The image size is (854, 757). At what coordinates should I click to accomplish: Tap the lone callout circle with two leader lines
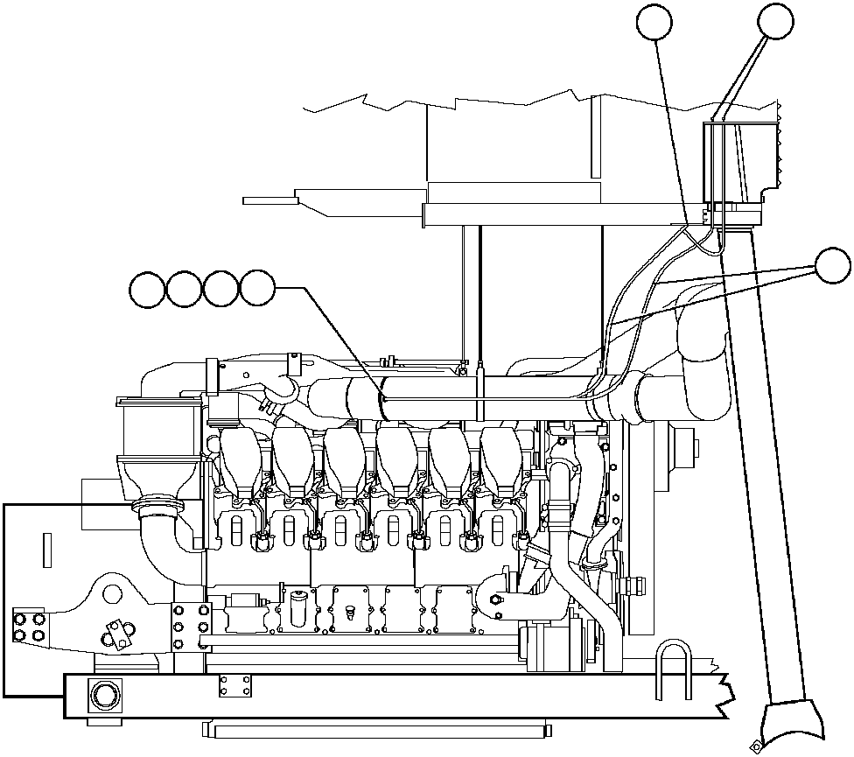(832, 266)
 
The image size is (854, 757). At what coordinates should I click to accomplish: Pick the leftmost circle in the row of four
(147, 289)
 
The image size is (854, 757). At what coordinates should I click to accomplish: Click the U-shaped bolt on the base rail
(674, 669)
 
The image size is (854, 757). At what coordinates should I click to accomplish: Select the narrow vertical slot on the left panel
(46, 550)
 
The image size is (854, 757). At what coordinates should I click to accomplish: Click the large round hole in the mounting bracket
(111, 594)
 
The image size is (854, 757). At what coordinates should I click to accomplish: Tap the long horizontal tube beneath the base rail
(376, 729)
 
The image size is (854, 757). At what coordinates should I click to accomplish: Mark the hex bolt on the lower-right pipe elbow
(495, 599)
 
